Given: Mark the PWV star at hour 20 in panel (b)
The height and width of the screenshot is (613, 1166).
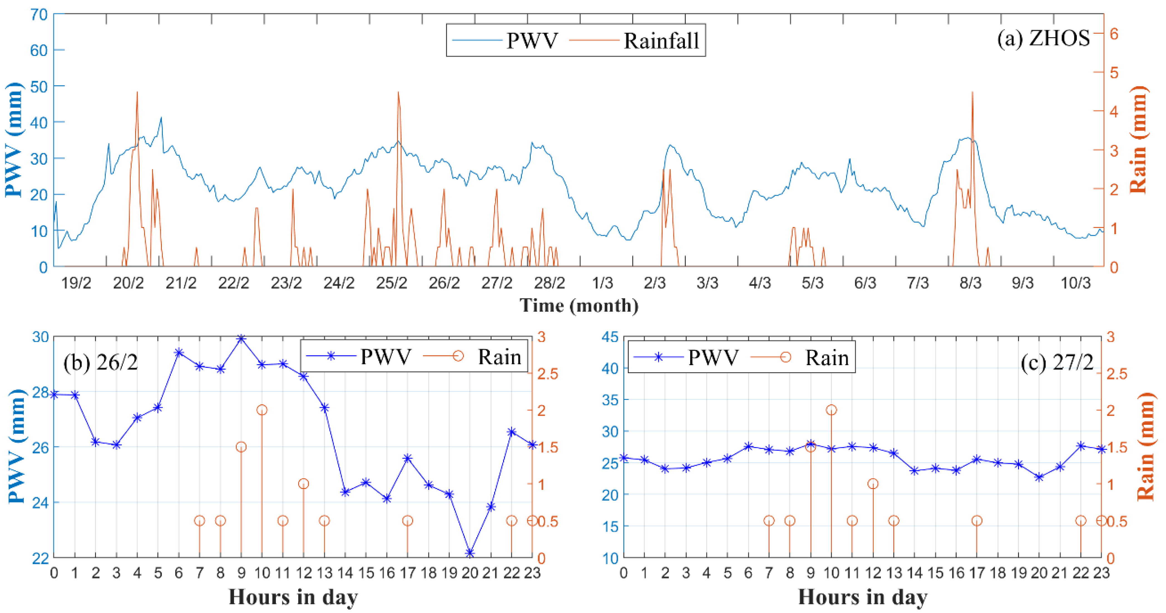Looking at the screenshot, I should [470, 553].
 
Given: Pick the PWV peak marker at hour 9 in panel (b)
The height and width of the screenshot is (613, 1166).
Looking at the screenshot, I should [241, 338].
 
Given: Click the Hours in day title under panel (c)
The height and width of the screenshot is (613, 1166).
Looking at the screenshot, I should [862, 597].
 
